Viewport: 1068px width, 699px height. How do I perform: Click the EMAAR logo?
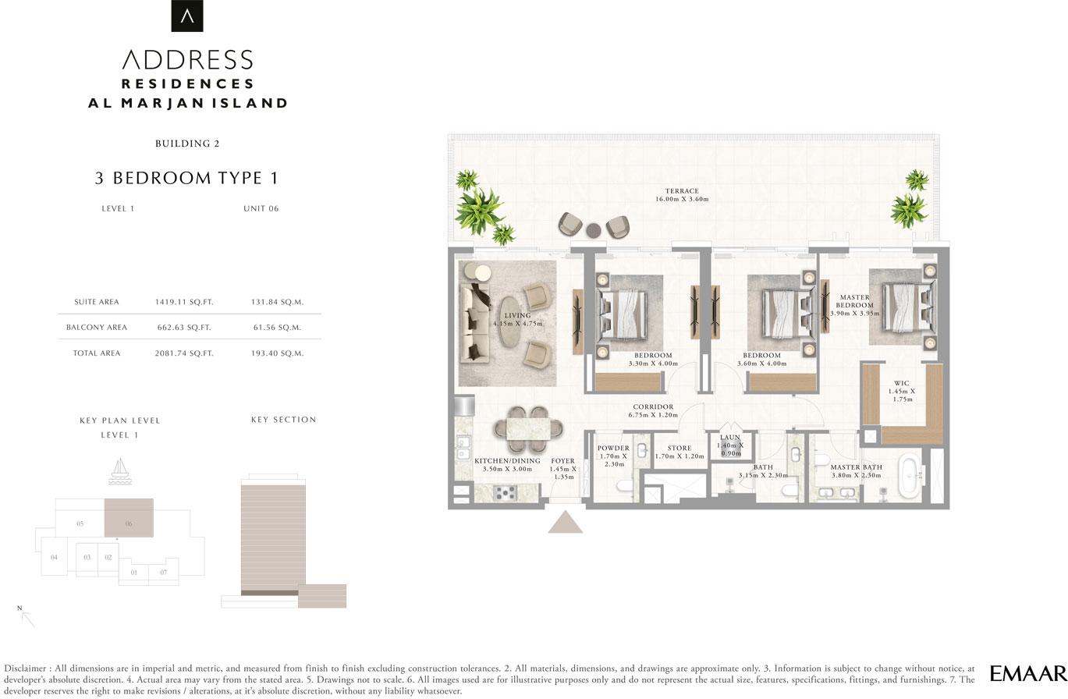[1028, 673]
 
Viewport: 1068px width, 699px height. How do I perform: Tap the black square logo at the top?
[187, 16]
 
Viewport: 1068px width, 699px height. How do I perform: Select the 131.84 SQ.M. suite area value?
[277, 302]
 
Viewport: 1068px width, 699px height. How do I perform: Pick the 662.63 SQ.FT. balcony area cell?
[184, 328]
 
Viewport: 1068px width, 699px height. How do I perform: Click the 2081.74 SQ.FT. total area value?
[184, 353]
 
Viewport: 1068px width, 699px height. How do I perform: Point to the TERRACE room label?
[682, 190]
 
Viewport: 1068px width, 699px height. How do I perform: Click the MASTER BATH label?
[857, 467]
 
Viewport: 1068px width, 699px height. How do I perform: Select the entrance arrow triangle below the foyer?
[565, 522]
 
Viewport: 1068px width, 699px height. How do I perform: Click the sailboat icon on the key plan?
[120, 471]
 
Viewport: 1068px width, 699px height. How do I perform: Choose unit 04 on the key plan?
[54, 557]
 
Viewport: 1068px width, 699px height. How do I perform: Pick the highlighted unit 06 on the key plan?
[129, 518]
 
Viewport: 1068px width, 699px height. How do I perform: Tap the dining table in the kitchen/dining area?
[528, 428]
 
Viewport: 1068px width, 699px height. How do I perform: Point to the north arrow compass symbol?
[27, 617]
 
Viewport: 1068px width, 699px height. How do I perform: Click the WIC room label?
[902, 383]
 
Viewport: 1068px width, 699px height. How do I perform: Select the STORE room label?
[679, 449]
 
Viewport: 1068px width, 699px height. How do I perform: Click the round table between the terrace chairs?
[594, 230]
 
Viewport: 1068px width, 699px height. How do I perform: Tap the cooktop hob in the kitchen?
[505, 492]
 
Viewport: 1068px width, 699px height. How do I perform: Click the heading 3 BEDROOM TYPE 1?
[186, 178]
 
